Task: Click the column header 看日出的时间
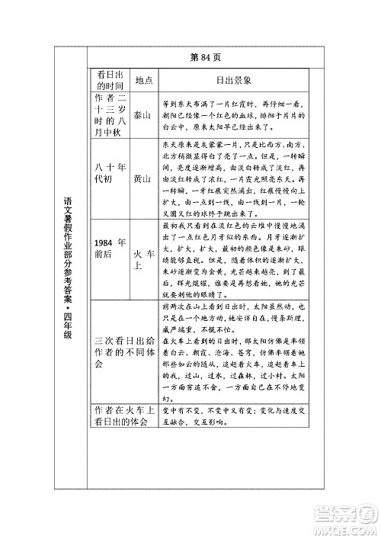coord(110,80)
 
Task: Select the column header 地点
coord(144,80)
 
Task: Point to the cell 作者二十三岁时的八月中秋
coord(110,115)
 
